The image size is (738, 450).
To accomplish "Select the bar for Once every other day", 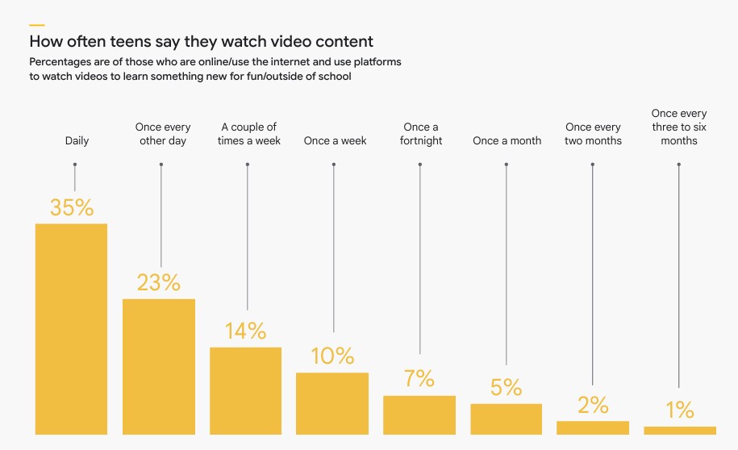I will [159, 367].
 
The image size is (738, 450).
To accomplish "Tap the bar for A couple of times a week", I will [245, 391].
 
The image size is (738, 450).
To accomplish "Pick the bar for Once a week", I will [332, 403].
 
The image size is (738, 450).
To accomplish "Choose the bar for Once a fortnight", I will [419, 415].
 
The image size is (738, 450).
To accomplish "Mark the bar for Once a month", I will [506, 419].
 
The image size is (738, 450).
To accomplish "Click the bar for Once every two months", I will [593, 428].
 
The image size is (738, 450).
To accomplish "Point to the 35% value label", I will [72, 208].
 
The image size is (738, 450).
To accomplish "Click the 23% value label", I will [158, 283].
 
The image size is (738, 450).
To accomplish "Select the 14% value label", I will [245, 331].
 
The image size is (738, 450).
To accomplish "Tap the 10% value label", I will [332, 356].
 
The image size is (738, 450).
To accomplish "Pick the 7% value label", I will [419, 378].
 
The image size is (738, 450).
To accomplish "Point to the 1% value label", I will [680, 410].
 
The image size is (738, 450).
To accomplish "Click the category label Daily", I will [77, 141].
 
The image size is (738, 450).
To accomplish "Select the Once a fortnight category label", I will [421, 134].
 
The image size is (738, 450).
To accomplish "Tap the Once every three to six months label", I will [679, 127].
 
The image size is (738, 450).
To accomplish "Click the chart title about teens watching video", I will [201, 40].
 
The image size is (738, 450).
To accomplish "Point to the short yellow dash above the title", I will [36, 25].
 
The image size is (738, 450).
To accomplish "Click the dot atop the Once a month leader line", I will [507, 165].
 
